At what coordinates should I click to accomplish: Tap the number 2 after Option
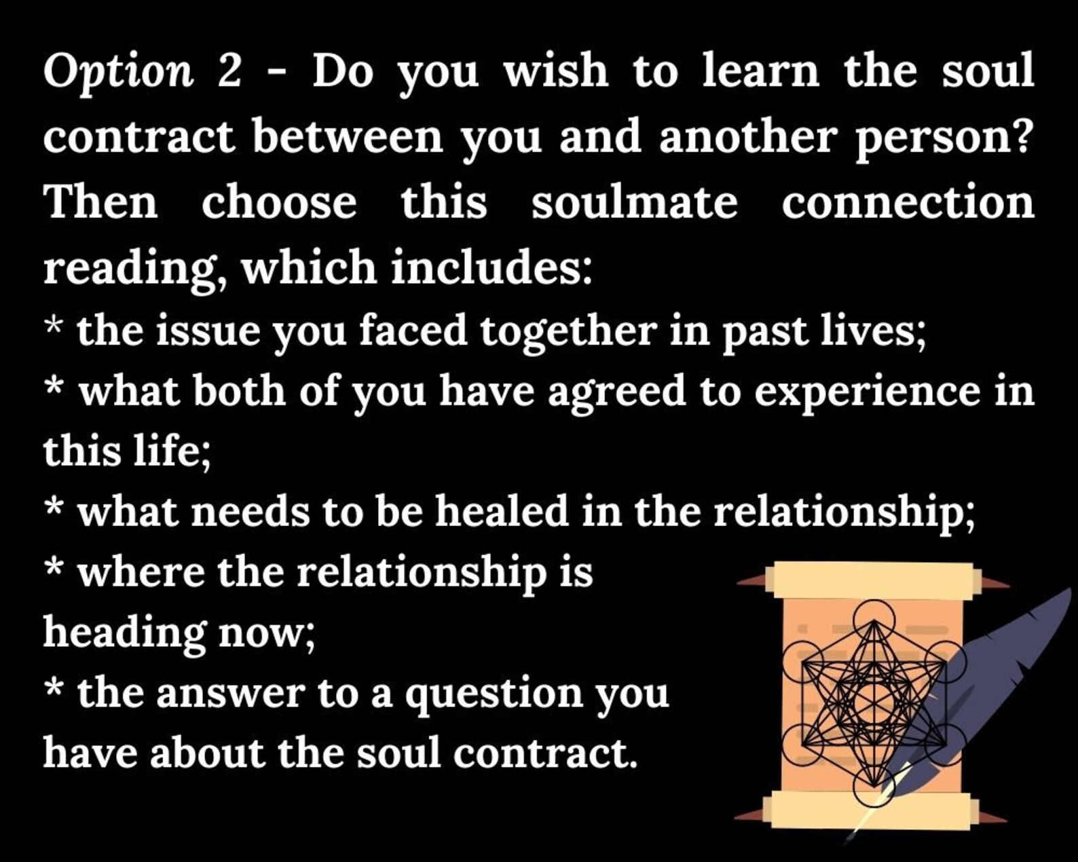[230, 71]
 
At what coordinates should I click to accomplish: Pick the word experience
[867, 396]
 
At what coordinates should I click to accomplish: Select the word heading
[124, 634]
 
